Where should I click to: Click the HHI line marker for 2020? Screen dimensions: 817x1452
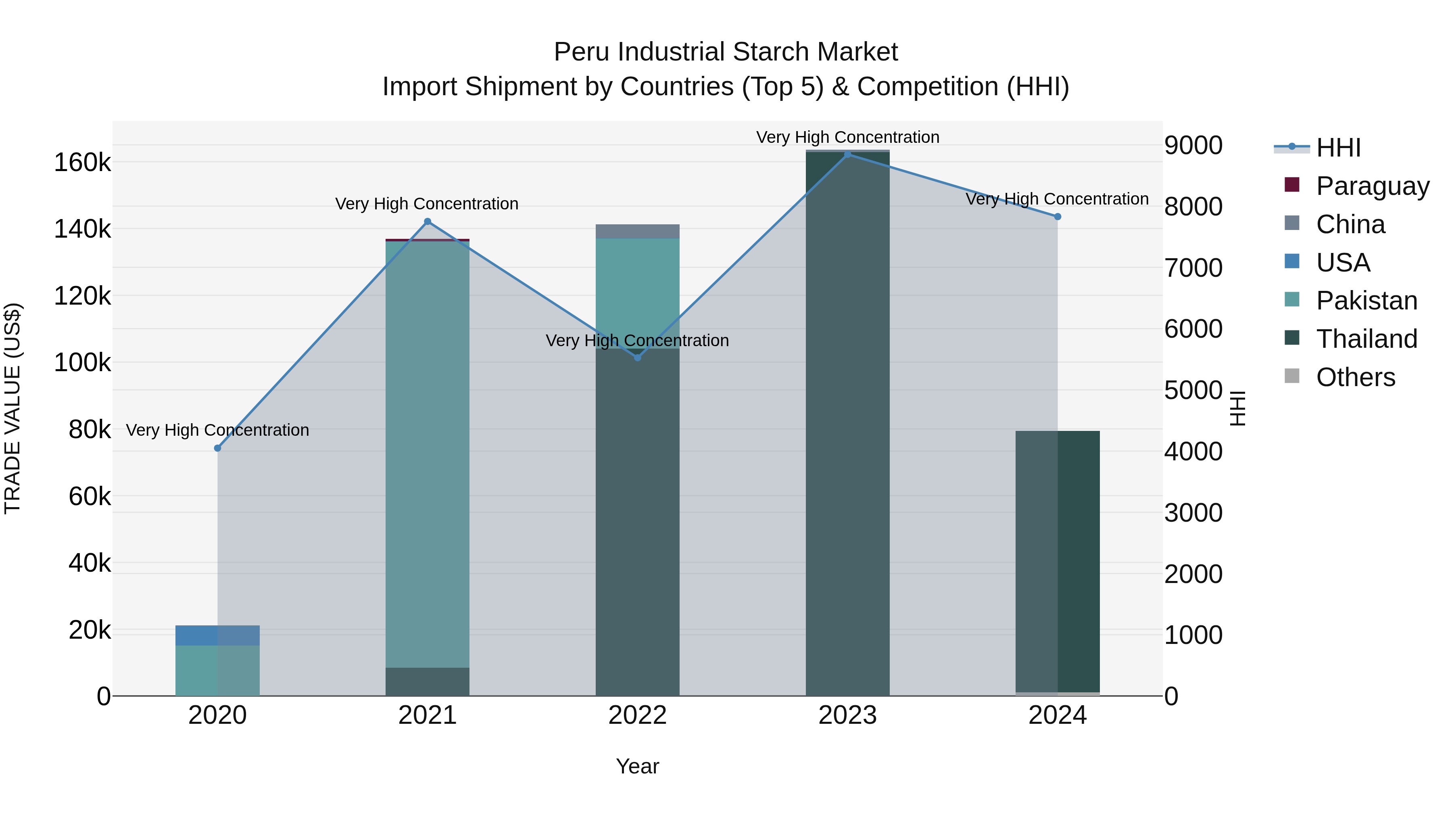(217, 448)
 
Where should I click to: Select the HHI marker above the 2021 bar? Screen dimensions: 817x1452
(427, 221)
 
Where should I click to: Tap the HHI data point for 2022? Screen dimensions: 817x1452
(638, 357)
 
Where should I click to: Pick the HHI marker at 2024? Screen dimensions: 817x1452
(1058, 217)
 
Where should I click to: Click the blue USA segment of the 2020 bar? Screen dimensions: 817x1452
(217, 635)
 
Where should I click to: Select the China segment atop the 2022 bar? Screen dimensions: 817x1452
(638, 231)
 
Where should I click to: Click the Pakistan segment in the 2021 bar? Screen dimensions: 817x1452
(427, 451)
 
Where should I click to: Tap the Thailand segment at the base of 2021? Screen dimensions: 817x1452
(427, 682)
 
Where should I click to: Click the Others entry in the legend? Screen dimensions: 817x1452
(1355, 377)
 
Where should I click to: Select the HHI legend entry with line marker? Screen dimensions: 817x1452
(1338, 148)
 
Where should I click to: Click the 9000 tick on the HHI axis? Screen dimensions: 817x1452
(1193, 146)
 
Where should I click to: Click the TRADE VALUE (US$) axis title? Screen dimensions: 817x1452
(13, 408)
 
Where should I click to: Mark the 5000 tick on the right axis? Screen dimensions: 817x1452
(1193, 390)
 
